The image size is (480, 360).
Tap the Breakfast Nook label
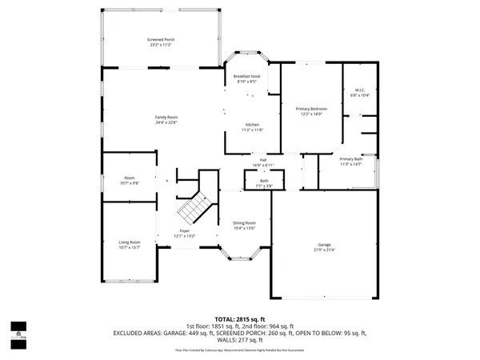(x=246, y=76)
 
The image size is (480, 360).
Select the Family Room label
(x=166, y=118)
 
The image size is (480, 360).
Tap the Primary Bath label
(x=352, y=159)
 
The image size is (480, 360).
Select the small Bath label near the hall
(x=264, y=181)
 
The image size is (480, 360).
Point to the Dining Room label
(x=244, y=222)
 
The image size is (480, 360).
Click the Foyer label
(x=185, y=232)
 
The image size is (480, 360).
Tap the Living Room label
(x=130, y=242)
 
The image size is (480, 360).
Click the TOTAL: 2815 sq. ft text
(x=239, y=318)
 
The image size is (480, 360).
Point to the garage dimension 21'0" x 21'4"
(x=324, y=250)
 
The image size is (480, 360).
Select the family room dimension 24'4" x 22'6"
(x=166, y=122)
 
